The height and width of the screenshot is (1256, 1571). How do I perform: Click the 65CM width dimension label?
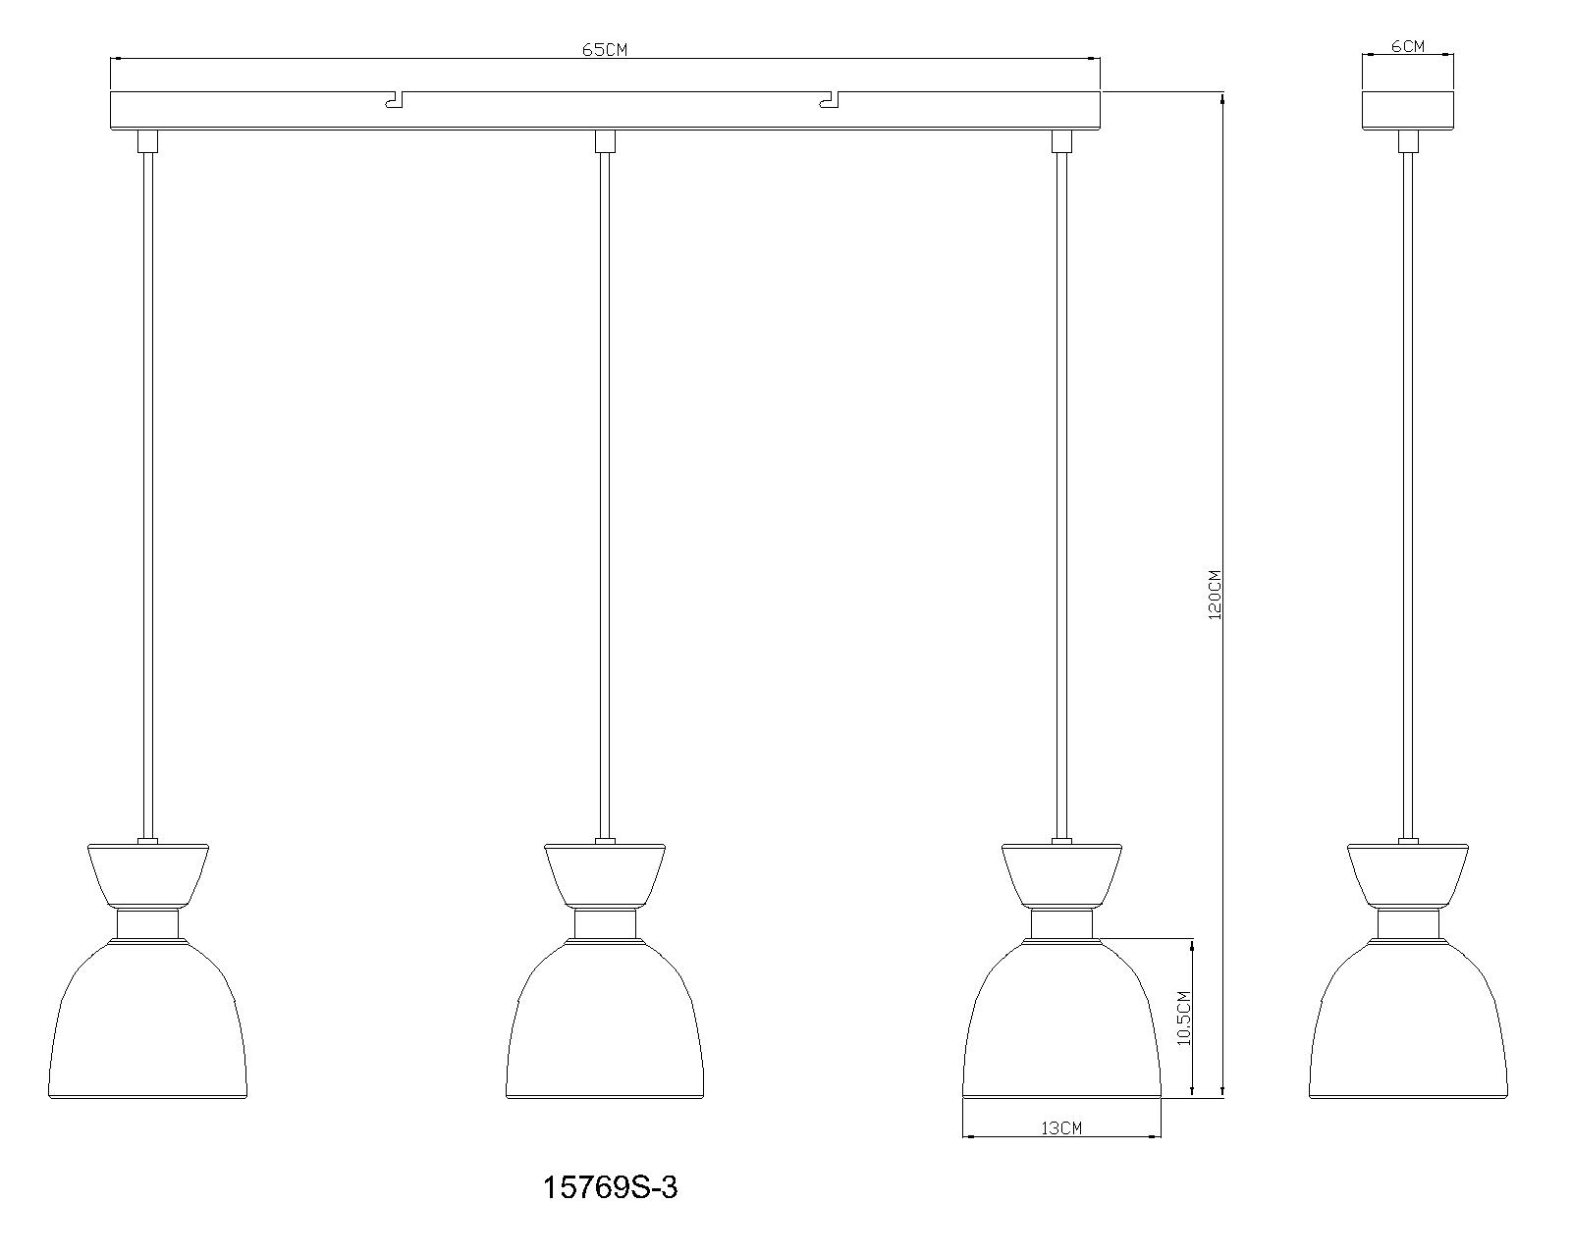[x=605, y=50]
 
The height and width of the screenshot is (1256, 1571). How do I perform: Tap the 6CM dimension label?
[x=1407, y=46]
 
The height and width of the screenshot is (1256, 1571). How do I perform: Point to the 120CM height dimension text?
[x=1215, y=595]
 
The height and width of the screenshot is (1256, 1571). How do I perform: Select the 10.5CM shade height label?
[x=1184, y=1019]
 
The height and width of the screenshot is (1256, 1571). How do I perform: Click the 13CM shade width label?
[x=1060, y=1128]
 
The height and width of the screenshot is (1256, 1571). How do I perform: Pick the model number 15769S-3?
[x=611, y=1187]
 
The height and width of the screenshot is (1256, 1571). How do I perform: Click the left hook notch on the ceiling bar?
[x=395, y=99]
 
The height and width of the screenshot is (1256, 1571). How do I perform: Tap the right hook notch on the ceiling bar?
[x=830, y=99]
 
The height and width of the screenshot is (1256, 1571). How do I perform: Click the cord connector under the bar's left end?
[x=147, y=141]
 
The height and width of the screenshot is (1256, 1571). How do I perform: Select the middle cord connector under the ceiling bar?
[x=605, y=141]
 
